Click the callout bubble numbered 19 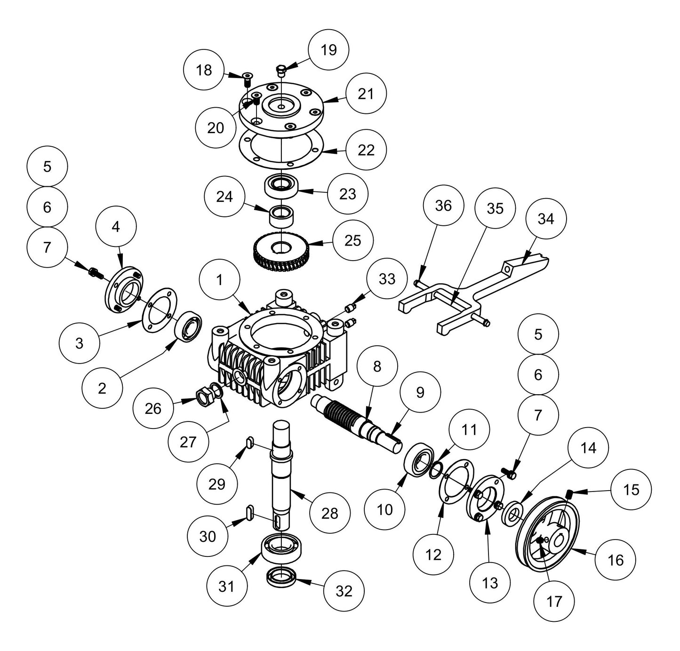coord(328,49)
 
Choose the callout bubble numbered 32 coord(344,591)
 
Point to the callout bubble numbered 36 coord(443,206)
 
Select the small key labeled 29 coord(250,441)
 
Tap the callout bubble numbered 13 coord(490,583)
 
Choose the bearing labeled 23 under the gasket coord(281,186)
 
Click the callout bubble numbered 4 coord(116,226)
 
